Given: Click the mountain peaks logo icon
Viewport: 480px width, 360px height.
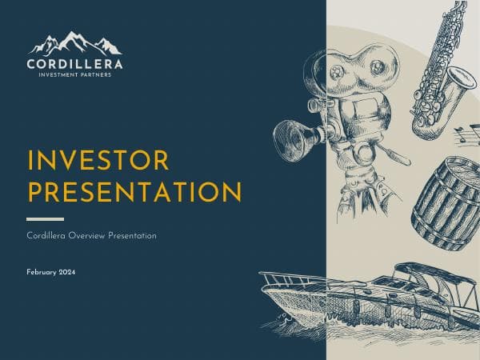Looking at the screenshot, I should click(x=75, y=42).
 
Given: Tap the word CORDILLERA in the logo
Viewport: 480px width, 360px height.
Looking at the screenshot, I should click(x=75, y=63).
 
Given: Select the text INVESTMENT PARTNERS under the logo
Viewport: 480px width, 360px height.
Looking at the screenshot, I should click(x=75, y=75).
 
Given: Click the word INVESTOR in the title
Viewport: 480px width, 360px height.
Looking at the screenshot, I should click(x=98, y=161).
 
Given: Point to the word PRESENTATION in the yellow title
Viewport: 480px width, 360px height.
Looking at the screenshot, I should click(x=134, y=192).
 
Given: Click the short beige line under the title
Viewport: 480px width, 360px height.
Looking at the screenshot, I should click(x=45, y=218).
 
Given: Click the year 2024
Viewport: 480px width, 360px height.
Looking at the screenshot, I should click(x=67, y=274).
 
